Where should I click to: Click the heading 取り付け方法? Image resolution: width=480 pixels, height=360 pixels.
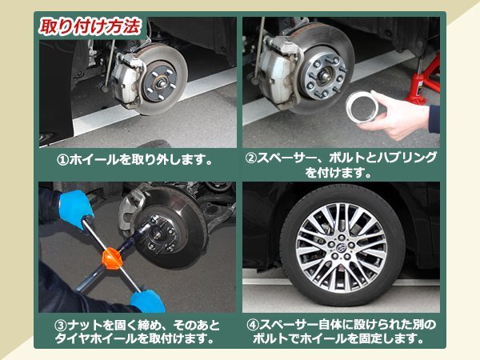pyautogui.click(x=90, y=26)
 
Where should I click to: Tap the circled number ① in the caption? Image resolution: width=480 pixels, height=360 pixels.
pyautogui.click(x=63, y=158)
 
